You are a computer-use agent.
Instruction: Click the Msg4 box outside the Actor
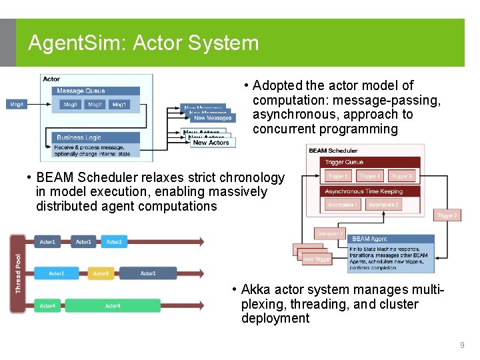[16, 105]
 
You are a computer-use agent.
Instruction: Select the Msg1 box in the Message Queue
[119, 105]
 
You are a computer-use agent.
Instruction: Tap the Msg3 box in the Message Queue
[70, 105]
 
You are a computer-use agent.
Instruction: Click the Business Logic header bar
[97, 137]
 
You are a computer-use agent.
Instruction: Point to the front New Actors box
[211, 143]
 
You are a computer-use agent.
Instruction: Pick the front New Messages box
[212, 118]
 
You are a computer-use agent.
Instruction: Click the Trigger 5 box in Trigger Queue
[338, 176]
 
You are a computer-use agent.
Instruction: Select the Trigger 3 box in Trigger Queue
[401, 176]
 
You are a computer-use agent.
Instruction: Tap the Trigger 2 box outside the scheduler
[447, 215]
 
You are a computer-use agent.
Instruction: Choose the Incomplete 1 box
[343, 205]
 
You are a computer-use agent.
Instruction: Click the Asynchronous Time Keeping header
[363, 191]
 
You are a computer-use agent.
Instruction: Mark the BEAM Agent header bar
[390, 239]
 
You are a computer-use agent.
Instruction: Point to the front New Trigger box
[317, 259]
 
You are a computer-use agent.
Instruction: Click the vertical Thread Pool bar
[18, 273]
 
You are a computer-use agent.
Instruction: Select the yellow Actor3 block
[100, 273]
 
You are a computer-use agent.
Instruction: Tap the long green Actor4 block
[113, 306]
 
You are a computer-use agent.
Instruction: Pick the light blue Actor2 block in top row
[114, 241]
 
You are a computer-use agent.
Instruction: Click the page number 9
[461, 345]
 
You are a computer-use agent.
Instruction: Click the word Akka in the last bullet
[255, 290]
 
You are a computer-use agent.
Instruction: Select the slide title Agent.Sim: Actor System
[143, 43]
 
